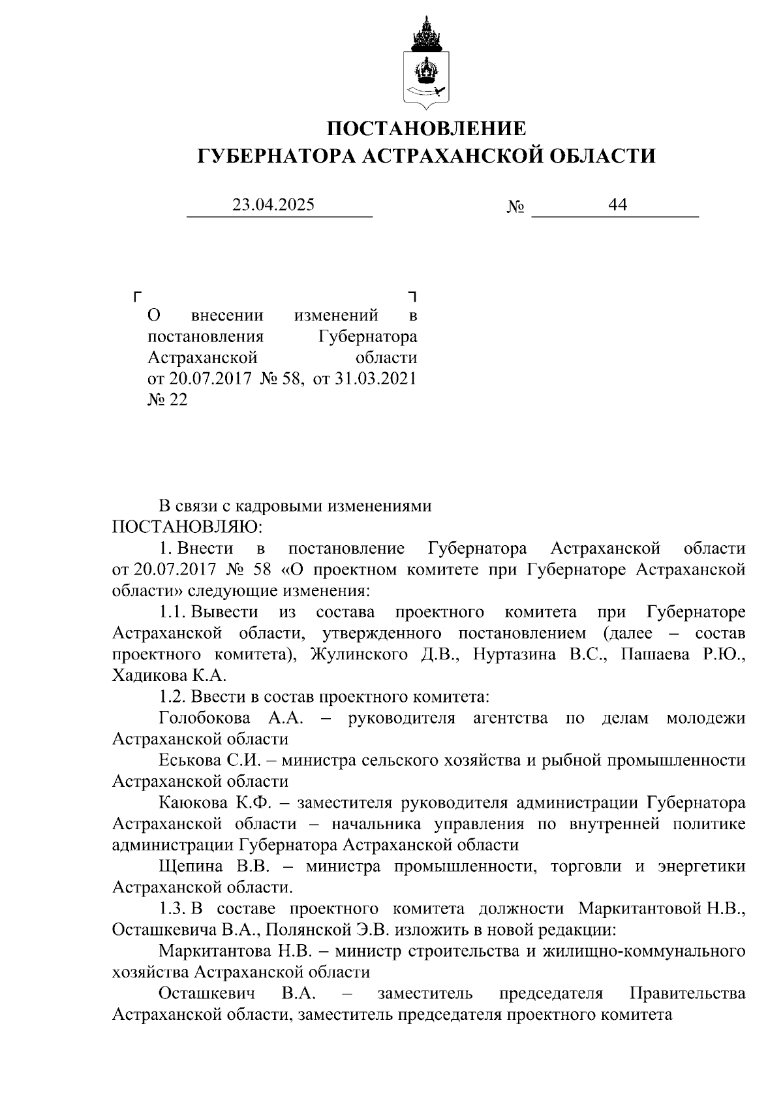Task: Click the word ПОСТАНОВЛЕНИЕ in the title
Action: [x=426, y=128]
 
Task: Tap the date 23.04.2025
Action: [x=274, y=205]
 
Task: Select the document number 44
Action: [x=617, y=205]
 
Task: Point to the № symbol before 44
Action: [x=515, y=207]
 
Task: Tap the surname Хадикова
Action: [x=151, y=676]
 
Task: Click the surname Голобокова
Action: [x=204, y=718]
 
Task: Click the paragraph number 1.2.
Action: [x=172, y=697]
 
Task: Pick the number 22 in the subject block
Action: [x=178, y=400]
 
